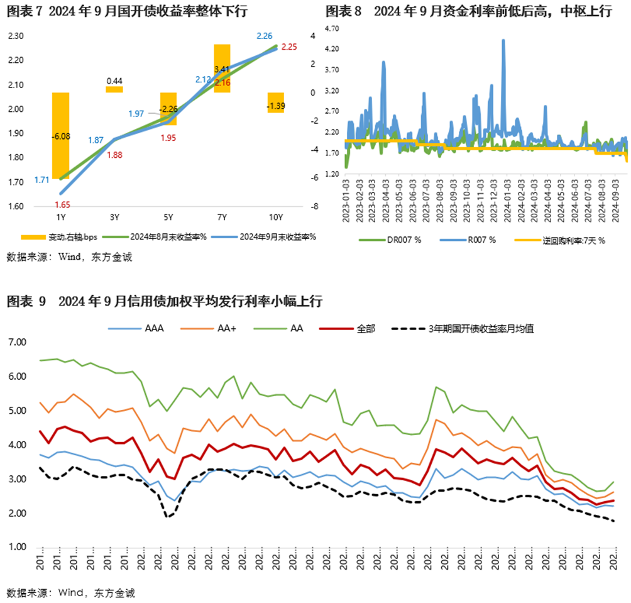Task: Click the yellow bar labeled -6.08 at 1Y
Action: tap(60, 136)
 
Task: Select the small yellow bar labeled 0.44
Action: tap(114, 89)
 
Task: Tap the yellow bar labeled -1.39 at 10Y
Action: tap(275, 102)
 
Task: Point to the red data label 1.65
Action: tap(61, 204)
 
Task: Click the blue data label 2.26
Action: tap(264, 36)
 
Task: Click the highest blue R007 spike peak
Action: tap(503, 40)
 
